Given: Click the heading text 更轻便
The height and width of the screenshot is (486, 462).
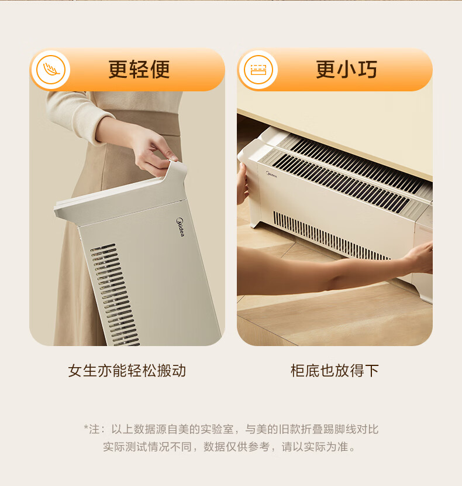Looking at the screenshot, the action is click(x=139, y=70).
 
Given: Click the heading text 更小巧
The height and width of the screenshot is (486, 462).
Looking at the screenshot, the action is click(x=346, y=70).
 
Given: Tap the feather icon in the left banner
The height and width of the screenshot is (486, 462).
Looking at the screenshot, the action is click(x=51, y=70).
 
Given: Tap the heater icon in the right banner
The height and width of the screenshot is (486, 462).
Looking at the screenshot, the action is click(x=258, y=70).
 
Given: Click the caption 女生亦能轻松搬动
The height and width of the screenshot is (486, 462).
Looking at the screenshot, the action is click(x=127, y=371).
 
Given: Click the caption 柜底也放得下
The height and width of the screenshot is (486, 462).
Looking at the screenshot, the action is click(x=335, y=371).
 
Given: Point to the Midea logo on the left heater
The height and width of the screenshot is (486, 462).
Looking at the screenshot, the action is click(x=180, y=227).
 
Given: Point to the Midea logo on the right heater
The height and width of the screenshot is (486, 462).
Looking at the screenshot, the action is click(x=271, y=174).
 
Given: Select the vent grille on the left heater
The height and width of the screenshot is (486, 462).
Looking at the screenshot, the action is click(x=115, y=295).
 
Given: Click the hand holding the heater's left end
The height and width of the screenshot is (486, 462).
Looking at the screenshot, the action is click(x=242, y=183).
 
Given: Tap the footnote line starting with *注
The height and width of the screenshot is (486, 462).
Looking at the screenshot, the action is click(x=231, y=429).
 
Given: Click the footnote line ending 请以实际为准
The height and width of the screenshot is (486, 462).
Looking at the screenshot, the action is click(x=229, y=447).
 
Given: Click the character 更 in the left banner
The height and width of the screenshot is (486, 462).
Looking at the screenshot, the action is click(x=118, y=70).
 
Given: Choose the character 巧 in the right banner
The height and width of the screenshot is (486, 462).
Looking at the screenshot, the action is click(x=368, y=70).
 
